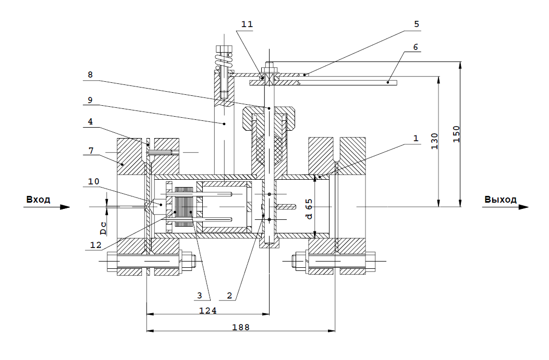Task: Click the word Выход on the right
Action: (500, 200)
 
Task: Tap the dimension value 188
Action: (240, 327)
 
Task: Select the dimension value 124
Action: (208, 311)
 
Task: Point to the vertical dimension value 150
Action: (456, 134)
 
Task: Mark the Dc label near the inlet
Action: (103, 227)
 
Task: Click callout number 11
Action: (247, 24)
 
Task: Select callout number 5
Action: (416, 23)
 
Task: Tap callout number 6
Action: (415, 46)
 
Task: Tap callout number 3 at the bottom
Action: (199, 295)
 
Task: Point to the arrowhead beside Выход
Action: (523, 207)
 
